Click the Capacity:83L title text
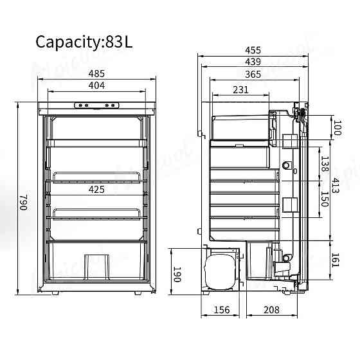click(84, 42)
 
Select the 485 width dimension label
click(96, 74)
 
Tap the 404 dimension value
click(96, 85)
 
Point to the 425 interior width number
click(96, 190)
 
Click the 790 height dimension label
click(24, 203)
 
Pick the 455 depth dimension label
click(253, 50)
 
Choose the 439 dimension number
click(253, 62)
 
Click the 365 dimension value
click(253, 75)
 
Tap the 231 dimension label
click(241, 90)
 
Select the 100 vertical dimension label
click(337, 127)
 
